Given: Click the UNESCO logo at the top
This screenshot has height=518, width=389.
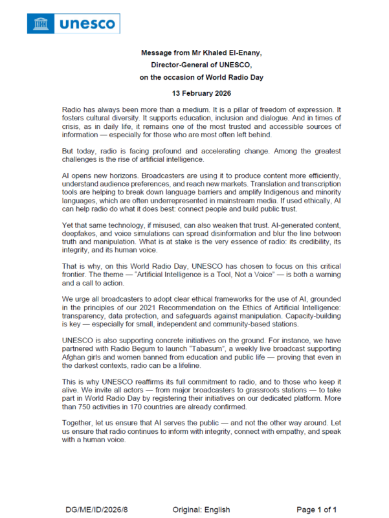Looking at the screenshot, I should click(x=73, y=24).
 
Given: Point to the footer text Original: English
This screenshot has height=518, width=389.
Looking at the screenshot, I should click(x=201, y=510).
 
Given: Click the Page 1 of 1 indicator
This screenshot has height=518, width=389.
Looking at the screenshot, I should click(x=317, y=510).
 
